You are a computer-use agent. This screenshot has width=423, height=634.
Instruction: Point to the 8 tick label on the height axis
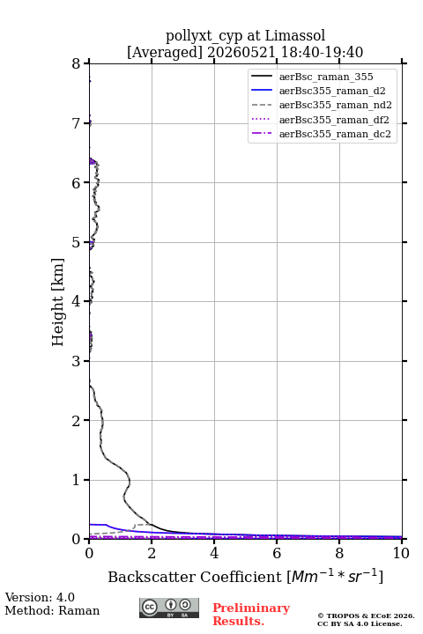pos(77,63)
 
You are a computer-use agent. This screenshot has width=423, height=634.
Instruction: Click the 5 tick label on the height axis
pos(77,242)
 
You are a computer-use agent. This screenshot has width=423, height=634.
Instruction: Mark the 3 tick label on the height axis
pos(77,361)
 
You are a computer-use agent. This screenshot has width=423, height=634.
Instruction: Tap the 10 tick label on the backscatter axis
pos(401,553)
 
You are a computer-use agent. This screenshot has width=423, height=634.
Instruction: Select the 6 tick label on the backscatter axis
pos(277,553)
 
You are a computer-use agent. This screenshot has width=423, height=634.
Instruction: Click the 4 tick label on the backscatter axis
pos(214,553)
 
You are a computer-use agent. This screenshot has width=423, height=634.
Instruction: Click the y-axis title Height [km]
pos(58,302)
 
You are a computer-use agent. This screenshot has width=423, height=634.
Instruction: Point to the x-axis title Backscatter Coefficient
pos(194,577)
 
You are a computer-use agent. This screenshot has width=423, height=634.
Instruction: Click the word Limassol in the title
pos(295,35)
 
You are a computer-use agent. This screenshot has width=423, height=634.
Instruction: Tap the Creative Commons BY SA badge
pos(169,608)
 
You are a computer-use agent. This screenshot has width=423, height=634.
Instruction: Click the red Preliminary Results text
pos(251,615)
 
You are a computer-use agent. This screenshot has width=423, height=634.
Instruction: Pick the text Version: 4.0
pos(40,597)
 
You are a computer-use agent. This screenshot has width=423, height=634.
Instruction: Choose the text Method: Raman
pos(52,610)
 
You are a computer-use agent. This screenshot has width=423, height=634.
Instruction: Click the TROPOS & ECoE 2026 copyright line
pos(366,616)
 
